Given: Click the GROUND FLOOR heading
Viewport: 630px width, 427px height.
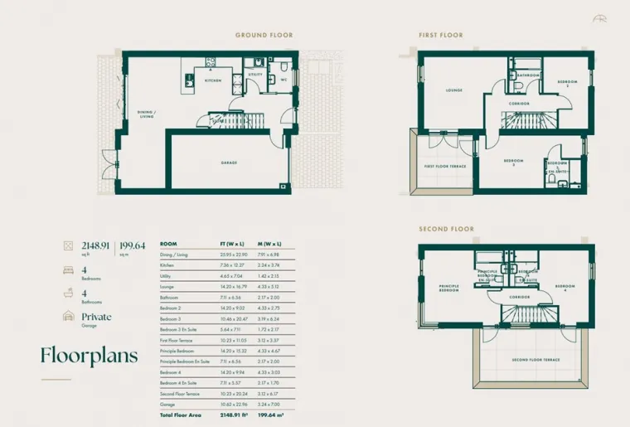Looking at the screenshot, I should (264, 36).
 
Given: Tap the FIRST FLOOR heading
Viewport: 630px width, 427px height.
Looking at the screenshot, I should (442, 36).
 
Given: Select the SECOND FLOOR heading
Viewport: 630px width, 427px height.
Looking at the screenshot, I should (446, 229).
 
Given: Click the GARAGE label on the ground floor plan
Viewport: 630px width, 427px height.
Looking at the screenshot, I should (230, 163).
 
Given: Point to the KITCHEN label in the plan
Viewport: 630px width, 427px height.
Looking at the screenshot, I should (214, 81).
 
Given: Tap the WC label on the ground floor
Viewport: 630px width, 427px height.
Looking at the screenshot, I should (283, 80).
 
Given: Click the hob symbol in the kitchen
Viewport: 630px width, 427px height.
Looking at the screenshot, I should (211, 61).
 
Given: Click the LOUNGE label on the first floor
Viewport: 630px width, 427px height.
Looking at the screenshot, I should (453, 90).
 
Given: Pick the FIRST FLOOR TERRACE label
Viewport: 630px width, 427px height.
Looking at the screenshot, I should (445, 167).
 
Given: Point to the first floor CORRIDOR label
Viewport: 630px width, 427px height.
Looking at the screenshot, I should (520, 103).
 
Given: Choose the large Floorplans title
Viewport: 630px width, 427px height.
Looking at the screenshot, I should (90, 355).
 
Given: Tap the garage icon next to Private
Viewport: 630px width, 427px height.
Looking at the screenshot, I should (67, 318).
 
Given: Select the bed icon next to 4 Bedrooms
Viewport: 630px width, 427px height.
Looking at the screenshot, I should (67, 271).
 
